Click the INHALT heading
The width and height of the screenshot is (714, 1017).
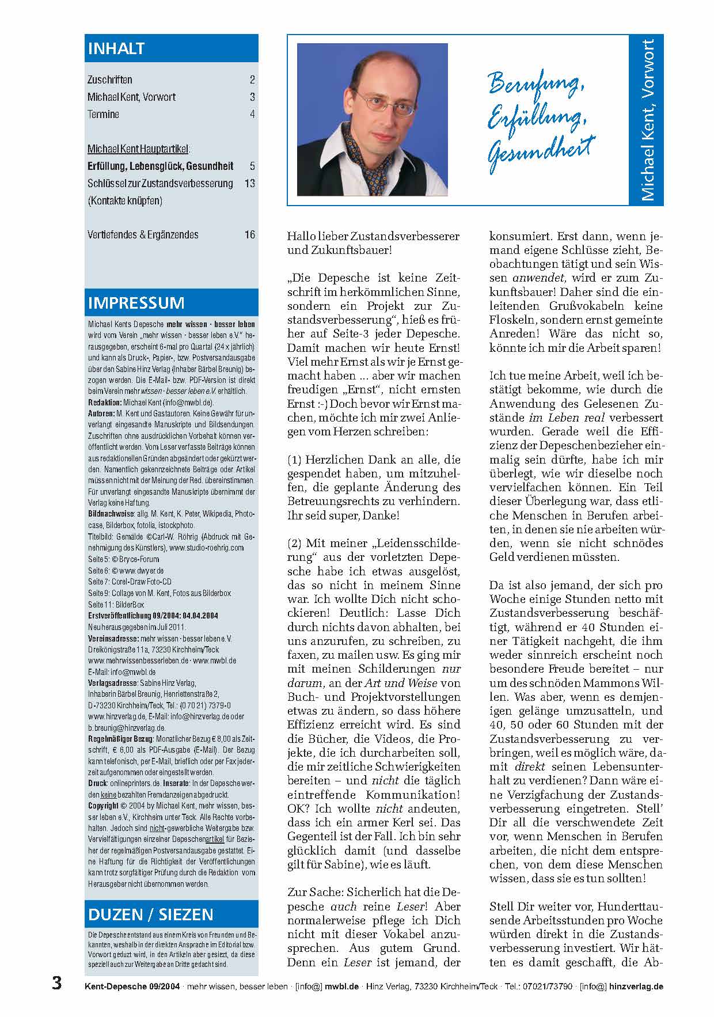pos(116,49)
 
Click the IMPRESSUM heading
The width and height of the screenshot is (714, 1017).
pos(136,303)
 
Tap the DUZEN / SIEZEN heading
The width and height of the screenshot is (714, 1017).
pos(151,914)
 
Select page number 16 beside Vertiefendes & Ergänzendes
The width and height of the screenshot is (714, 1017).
pos(249,234)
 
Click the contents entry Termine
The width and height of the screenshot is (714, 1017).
pos(104,114)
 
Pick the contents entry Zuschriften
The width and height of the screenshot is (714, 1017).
pos(110,79)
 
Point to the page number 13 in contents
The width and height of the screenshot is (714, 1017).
pos(249,183)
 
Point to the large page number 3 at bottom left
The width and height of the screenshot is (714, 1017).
pos(56,982)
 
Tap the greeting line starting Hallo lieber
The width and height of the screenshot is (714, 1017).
pos(373,236)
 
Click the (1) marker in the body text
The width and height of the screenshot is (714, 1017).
pos(295,460)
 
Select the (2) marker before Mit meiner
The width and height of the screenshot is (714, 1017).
pos(295,543)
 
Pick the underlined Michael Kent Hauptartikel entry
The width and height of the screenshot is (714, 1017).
pos(138,149)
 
